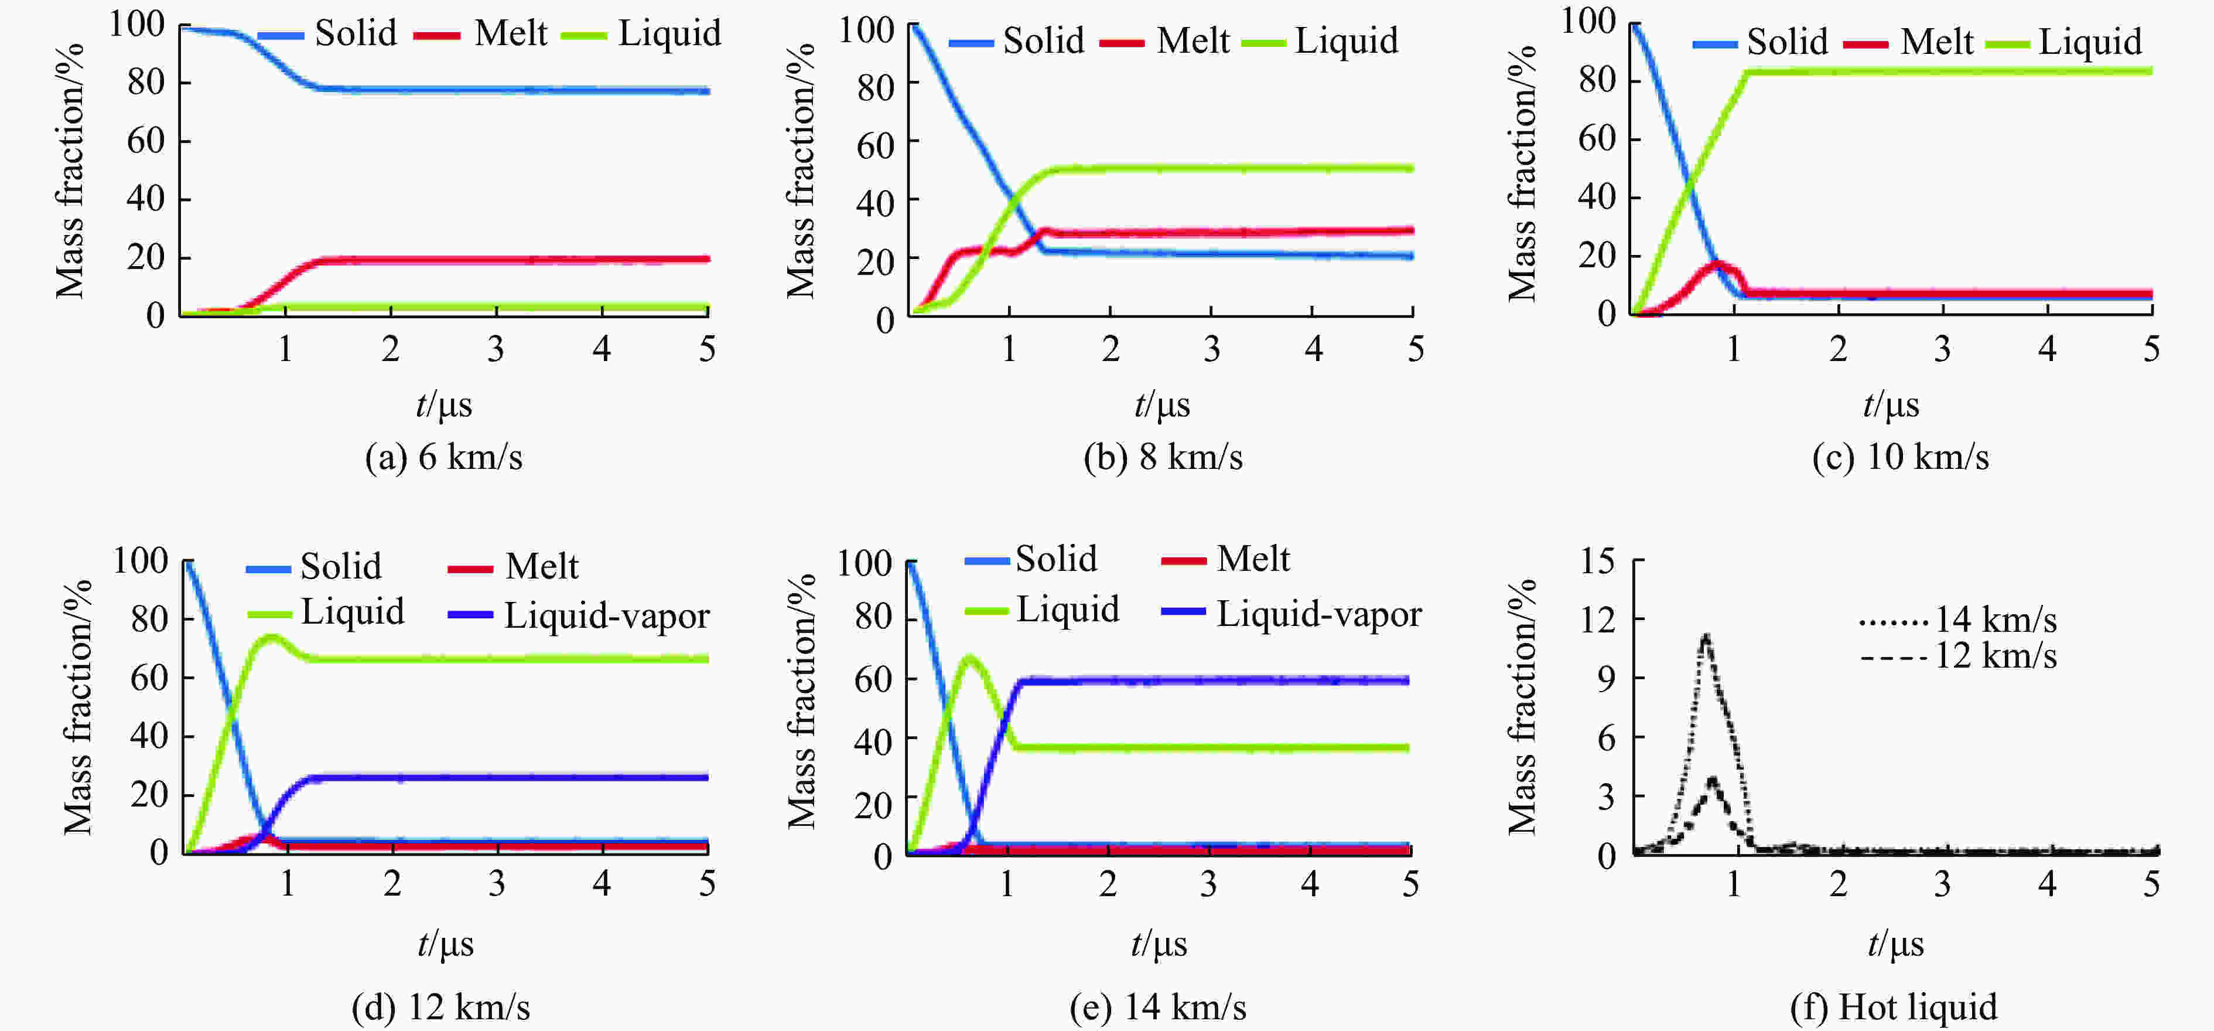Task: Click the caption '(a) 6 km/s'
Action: (443, 457)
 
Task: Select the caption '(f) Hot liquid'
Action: (1894, 1006)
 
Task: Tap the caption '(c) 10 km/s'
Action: (1900, 457)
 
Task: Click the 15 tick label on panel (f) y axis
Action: (1597, 562)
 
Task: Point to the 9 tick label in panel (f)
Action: (1605, 679)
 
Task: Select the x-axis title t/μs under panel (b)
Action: (1162, 404)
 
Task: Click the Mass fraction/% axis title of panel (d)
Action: (77, 707)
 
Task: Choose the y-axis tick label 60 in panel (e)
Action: (872, 679)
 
